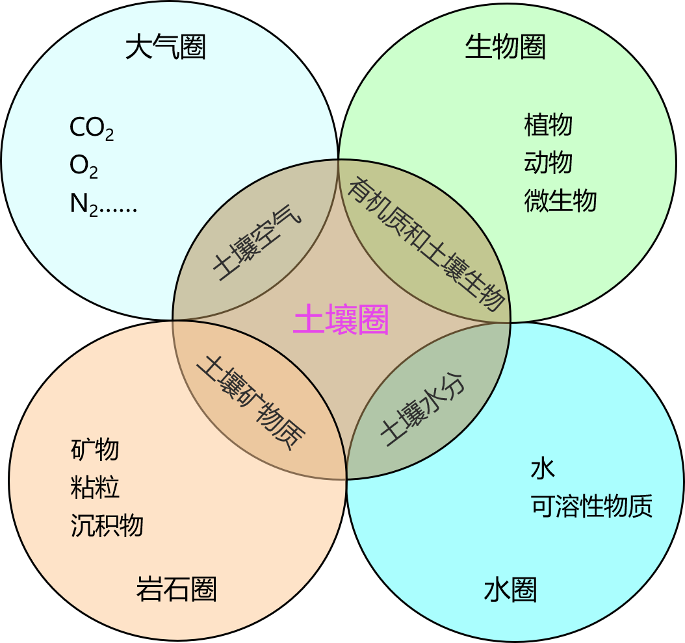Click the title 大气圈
(166, 47)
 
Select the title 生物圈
(505, 47)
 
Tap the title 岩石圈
(176, 589)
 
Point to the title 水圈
(510, 590)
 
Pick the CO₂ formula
(92, 129)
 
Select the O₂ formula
(84, 167)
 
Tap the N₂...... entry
(103, 205)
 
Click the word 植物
(548, 124)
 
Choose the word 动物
(548, 162)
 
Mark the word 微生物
(560, 201)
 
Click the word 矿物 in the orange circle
(95, 449)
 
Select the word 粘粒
(95, 487)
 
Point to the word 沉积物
(107, 525)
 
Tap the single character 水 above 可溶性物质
(543, 468)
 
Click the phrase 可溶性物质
(591, 506)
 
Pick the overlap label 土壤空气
(257, 246)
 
